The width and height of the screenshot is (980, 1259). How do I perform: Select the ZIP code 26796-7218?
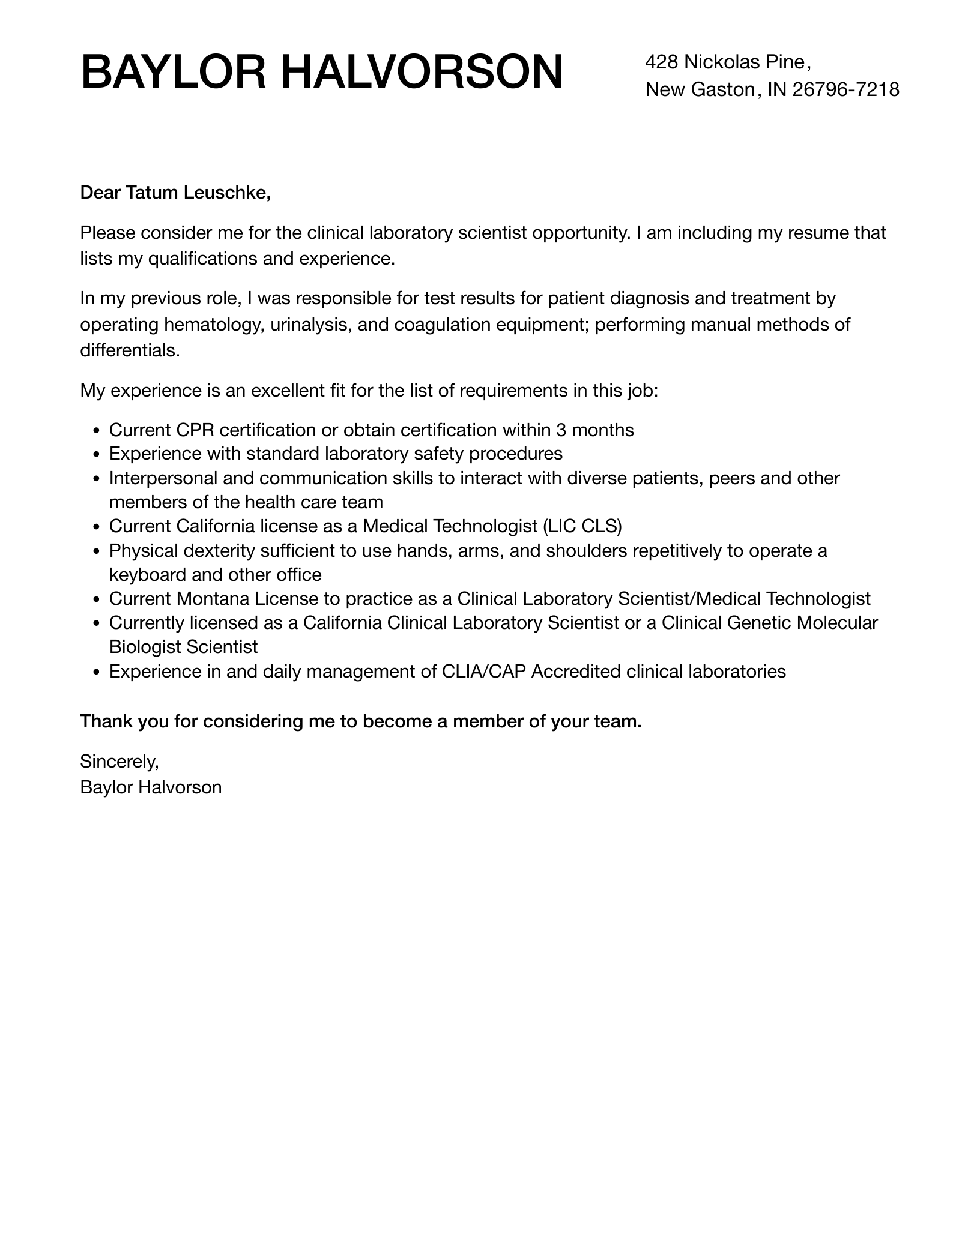coord(845,89)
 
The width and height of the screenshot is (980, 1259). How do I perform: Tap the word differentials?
coord(130,350)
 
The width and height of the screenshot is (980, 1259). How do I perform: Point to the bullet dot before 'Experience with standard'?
coord(97,455)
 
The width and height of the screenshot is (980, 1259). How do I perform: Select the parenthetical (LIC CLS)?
coord(582,526)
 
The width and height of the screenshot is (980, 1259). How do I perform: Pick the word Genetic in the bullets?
coord(758,623)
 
